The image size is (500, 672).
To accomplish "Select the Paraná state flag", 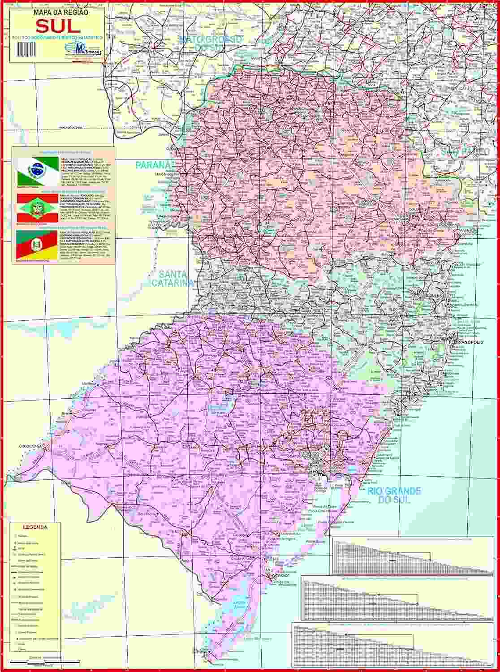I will pyautogui.click(x=38, y=170).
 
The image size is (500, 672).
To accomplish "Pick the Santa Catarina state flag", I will pyautogui.click(x=38, y=207).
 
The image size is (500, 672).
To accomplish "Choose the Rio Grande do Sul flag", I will pyautogui.click(x=38, y=244).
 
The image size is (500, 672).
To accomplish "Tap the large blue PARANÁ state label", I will pyautogui.click(x=154, y=165).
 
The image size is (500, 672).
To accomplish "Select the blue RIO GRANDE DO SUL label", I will pyautogui.click(x=394, y=495).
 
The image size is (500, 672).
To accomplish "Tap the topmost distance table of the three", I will pyautogui.click(x=410, y=556).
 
